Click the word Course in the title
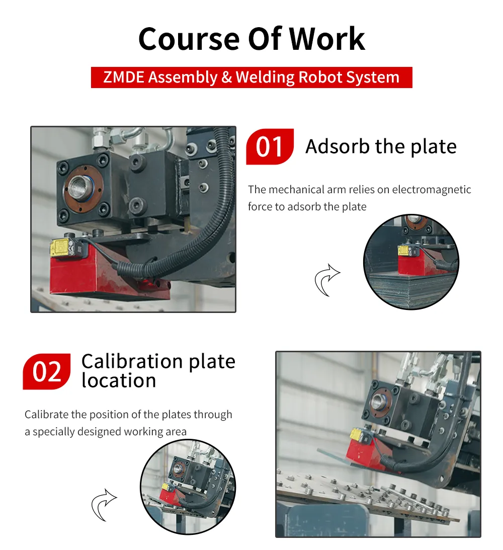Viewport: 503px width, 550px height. click(x=189, y=39)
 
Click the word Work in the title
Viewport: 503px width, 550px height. click(x=326, y=39)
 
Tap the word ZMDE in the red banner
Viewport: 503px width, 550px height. click(x=124, y=77)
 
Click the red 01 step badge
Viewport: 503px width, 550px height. click(x=270, y=146)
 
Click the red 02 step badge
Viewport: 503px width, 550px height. click(x=47, y=371)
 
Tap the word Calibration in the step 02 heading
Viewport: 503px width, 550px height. click(x=132, y=361)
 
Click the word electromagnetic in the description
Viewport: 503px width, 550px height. click(x=432, y=190)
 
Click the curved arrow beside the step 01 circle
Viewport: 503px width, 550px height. click(x=327, y=280)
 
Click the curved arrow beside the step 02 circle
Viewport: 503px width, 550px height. click(x=104, y=505)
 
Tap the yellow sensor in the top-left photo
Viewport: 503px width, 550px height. click(x=63, y=248)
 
